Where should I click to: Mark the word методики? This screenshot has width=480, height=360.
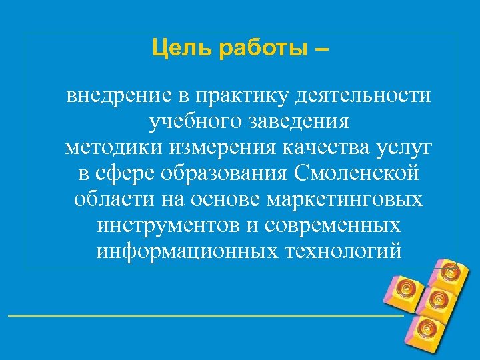click(x=107, y=148)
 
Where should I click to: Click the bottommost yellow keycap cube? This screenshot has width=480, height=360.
click(x=425, y=331)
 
